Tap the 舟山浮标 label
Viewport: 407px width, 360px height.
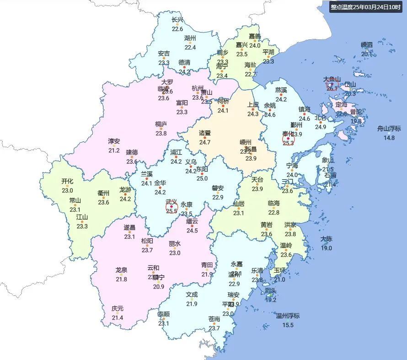[x=389, y=129]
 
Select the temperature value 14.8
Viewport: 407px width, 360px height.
[x=389, y=138]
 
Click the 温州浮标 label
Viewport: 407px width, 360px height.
[x=288, y=316]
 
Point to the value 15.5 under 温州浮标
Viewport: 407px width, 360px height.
[x=288, y=325]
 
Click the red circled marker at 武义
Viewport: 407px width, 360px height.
[x=171, y=207]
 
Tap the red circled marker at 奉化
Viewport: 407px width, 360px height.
[x=288, y=139]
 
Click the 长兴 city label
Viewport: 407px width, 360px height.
[x=177, y=20]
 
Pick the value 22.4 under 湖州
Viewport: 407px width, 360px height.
[x=190, y=47]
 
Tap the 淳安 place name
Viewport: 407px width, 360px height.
[x=114, y=141]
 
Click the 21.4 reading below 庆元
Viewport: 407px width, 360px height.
[x=118, y=318]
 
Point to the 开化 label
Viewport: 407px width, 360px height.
[x=67, y=182]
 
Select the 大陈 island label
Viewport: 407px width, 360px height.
[x=326, y=239]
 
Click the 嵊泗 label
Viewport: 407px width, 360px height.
[x=367, y=45]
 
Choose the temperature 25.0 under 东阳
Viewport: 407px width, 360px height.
[x=202, y=178]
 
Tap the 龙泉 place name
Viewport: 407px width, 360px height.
[x=121, y=270]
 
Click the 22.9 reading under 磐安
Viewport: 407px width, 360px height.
[x=218, y=198]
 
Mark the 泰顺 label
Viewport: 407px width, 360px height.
[x=164, y=315]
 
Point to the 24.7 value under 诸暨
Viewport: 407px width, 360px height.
[x=204, y=142]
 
